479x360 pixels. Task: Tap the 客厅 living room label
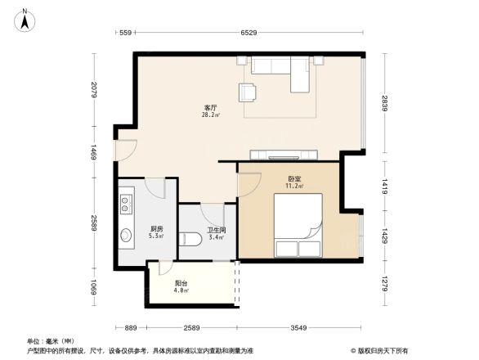pos(210,107)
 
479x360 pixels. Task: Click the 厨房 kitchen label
pos(156,229)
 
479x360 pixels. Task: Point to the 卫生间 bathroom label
pos(217,230)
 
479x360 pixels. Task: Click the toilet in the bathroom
pos(190,239)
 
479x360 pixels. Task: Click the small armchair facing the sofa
pos(248,92)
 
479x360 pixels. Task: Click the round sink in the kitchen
pos(127,236)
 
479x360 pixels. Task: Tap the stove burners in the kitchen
pos(126,201)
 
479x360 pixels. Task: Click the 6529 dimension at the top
pos(249,33)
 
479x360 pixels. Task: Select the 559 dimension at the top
pos(125,33)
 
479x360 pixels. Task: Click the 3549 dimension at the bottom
pos(298,327)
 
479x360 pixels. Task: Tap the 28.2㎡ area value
pos(210,115)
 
